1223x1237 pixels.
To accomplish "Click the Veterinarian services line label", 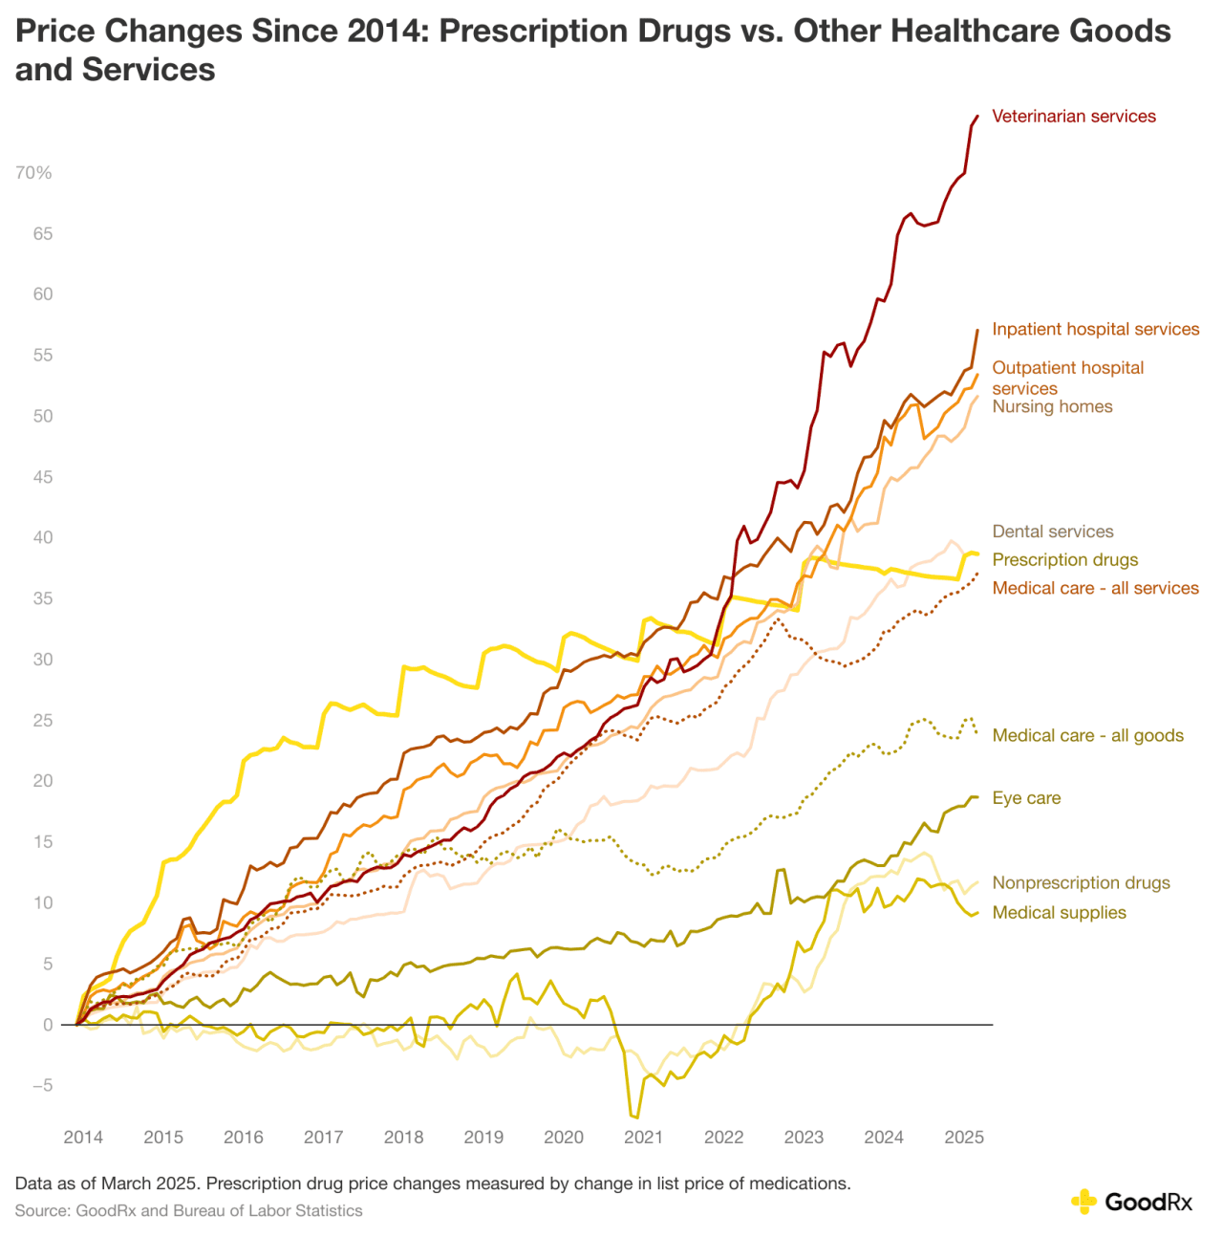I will coord(1074,117).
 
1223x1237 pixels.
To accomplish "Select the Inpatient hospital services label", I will coord(1095,329).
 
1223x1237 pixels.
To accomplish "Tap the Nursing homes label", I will coord(1052,406).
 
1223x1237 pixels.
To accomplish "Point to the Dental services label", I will coord(1053,532).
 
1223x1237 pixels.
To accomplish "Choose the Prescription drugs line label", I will coord(1065,560).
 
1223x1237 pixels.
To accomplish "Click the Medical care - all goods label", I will coord(1087,735).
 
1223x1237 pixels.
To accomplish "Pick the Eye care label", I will coord(1026,798).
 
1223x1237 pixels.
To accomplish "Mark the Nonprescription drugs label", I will coord(1081,883).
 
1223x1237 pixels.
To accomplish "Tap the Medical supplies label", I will coord(1059,913).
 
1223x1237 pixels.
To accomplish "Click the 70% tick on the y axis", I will coord(33,173).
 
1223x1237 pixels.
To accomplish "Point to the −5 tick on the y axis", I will coord(42,1086).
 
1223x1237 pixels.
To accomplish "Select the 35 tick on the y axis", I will coord(43,598).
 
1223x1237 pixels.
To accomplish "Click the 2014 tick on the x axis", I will coord(83,1138).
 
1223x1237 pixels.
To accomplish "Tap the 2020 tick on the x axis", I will coord(564,1138).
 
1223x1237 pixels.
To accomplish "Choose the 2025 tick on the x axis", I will coord(964,1138).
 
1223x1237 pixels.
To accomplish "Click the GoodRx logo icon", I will coord(1084,1202).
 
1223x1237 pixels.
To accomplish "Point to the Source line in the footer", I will coord(189,1211).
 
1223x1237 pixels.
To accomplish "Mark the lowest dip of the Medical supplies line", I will coord(635,1117).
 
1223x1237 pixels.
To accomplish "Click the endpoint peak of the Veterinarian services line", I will coord(977,116).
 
